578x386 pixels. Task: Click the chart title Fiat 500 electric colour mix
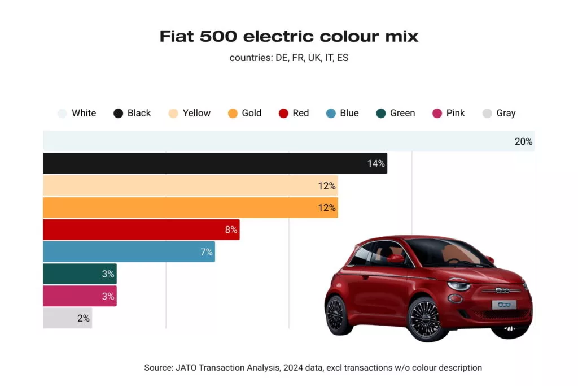(288, 36)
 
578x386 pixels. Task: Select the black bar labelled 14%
(214, 163)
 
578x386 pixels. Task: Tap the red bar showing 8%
(141, 230)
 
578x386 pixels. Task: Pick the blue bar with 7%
(129, 252)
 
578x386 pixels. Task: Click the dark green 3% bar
(80, 274)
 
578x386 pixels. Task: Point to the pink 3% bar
(80, 296)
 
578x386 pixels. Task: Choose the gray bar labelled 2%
(67, 318)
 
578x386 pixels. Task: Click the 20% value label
(523, 141)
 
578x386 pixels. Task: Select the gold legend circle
(233, 113)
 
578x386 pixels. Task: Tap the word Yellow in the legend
(196, 113)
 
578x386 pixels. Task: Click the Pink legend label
(455, 113)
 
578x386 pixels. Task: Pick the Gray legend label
(506, 113)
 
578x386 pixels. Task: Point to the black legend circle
(118, 113)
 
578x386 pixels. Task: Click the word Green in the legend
(402, 113)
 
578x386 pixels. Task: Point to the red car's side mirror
(396, 259)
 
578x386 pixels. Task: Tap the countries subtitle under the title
(288, 58)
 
